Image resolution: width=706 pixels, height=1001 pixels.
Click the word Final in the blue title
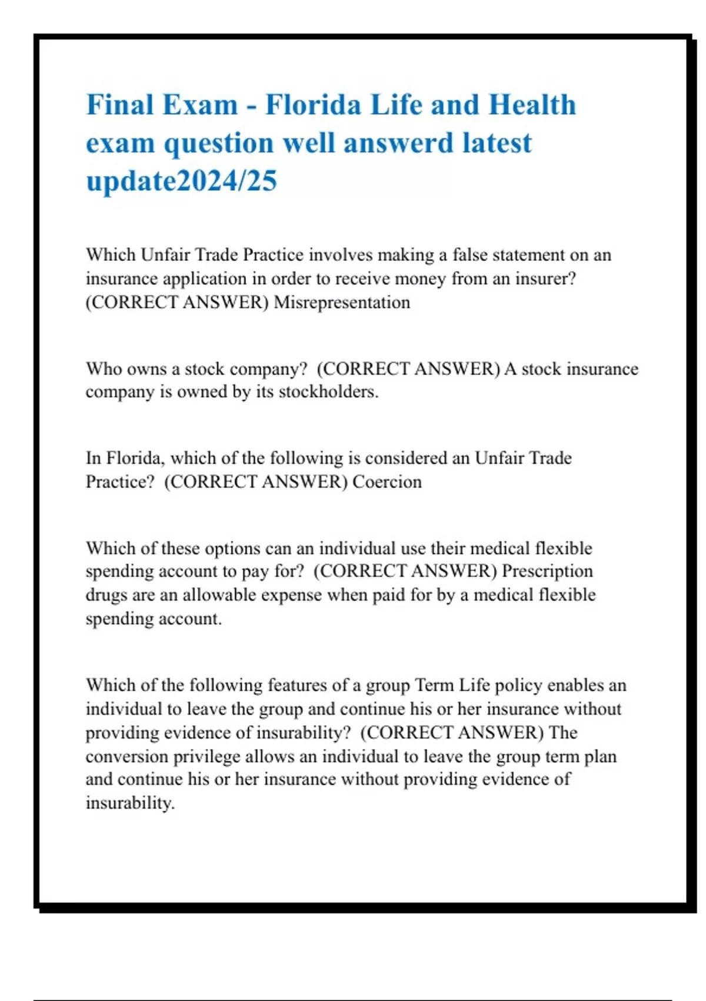point(120,105)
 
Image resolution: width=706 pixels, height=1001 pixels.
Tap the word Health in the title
point(532,105)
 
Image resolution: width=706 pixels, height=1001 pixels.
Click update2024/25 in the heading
point(181,181)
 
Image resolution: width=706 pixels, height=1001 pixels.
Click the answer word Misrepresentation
point(342,303)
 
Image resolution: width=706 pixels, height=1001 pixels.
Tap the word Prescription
point(547,571)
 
